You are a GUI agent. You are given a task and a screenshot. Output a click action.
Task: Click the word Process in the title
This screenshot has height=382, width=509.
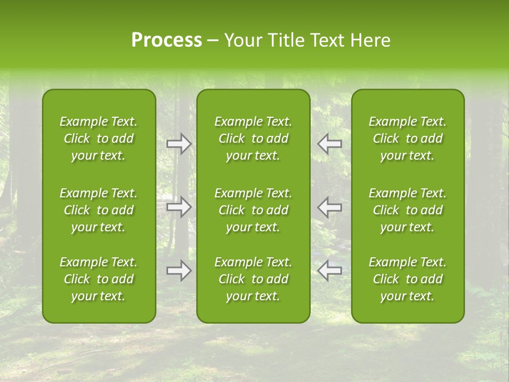pos(166,40)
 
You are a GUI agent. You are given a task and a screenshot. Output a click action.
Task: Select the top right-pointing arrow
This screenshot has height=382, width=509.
pos(179,144)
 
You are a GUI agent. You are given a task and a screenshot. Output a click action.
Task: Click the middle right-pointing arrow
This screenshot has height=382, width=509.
pos(179,207)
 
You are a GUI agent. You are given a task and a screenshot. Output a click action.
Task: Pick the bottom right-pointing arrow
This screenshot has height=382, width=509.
pos(179,271)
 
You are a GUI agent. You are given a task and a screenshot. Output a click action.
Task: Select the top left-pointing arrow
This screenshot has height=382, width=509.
pos(330,144)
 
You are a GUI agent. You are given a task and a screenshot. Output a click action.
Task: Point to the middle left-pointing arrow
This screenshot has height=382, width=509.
pos(330,207)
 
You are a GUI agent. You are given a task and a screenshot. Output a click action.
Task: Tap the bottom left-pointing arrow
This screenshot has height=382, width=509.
pos(330,271)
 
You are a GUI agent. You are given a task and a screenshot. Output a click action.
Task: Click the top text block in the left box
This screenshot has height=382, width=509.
pos(99,138)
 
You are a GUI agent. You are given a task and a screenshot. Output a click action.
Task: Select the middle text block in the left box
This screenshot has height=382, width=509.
pos(99,210)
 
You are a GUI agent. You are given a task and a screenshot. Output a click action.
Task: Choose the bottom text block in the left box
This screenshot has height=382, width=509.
pos(99,279)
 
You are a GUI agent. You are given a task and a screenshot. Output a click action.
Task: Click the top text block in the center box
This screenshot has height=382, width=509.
pos(253,138)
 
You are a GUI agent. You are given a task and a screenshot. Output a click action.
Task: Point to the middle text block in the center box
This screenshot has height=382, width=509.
pos(253,210)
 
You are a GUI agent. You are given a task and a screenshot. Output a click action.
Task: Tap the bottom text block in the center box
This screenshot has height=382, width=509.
pos(253,279)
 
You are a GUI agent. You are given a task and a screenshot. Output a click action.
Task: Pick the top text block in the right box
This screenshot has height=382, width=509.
pos(408,138)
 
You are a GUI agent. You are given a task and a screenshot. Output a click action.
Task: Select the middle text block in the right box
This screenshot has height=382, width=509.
pos(408,210)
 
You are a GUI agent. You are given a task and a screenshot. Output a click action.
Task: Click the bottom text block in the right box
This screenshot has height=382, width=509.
pos(408,279)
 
